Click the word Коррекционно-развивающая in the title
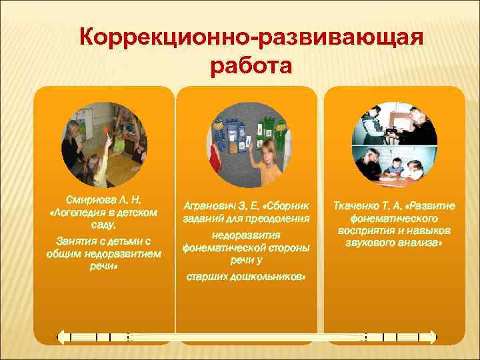(x=250, y=37)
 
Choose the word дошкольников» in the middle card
(x=267, y=276)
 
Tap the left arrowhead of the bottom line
(x=61, y=337)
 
